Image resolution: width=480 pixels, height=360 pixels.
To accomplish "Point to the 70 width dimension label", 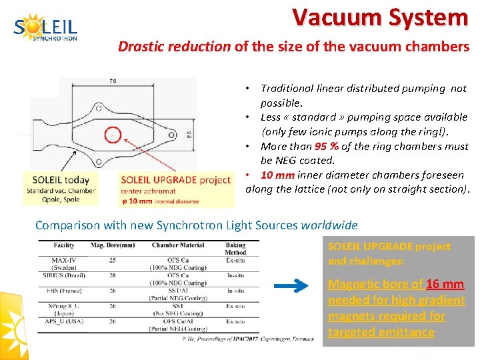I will (x=113, y=81).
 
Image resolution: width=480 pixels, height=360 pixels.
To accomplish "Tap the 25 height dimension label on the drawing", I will (x=189, y=133).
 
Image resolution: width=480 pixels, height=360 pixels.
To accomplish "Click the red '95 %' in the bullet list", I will (x=326, y=146).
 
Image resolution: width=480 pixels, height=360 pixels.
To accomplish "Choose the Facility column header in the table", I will (x=64, y=245).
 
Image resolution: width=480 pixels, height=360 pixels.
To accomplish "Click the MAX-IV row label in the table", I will (x=64, y=259).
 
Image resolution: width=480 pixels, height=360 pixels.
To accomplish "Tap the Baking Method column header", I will (x=235, y=249).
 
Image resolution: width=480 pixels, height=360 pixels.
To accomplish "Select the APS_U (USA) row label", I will (x=65, y=321).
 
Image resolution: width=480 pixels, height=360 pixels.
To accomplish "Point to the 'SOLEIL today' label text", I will (x=61, y=180).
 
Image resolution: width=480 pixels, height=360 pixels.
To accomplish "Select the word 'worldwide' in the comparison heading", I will (x=329, y=225).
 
